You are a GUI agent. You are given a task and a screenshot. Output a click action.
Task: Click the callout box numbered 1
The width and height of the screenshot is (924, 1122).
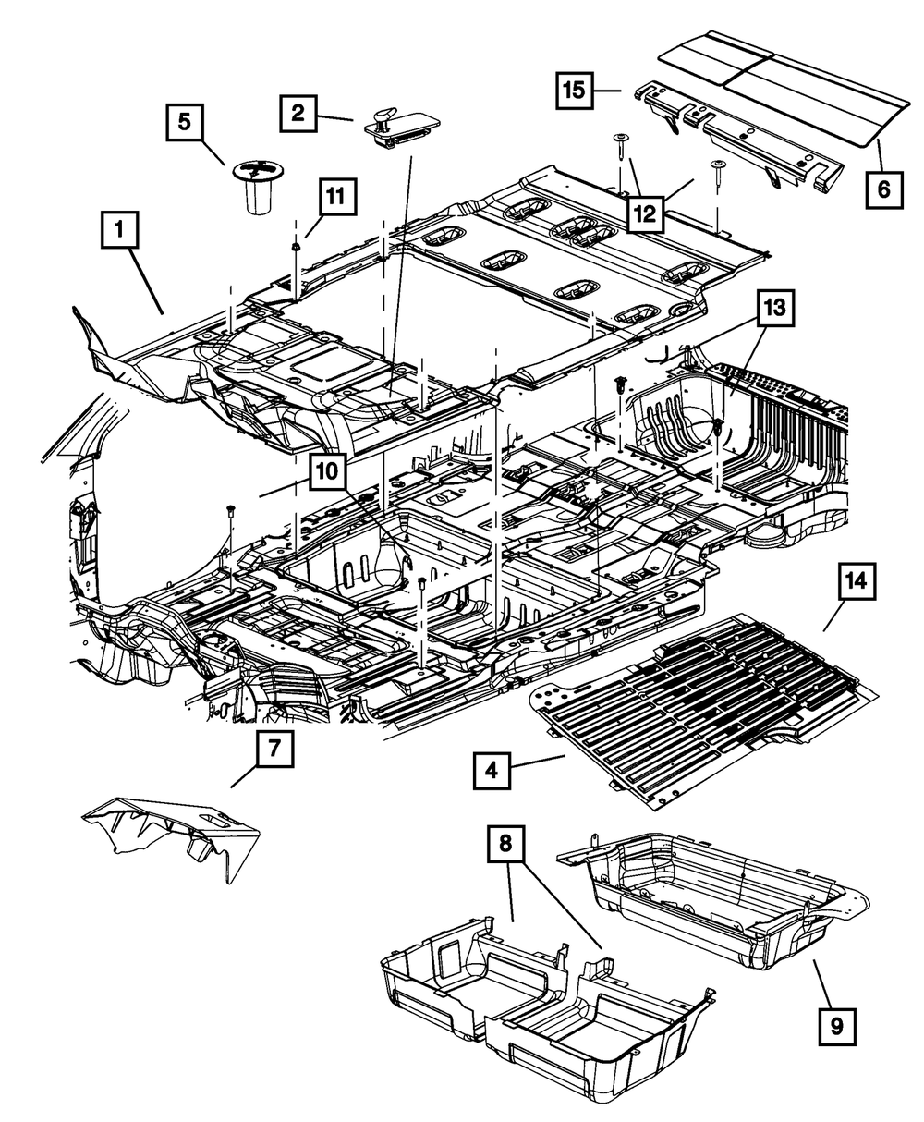119,229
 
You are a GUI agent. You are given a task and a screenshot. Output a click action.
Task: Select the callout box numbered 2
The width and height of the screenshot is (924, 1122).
298,114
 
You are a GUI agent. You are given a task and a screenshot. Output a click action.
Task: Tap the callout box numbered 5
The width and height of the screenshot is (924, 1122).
184,122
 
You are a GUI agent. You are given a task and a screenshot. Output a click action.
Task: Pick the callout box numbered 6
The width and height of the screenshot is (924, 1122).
883,189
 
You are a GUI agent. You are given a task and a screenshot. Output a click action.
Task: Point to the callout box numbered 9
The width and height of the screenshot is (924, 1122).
837,1027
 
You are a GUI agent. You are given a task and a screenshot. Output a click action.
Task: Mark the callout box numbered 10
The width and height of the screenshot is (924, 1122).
327,471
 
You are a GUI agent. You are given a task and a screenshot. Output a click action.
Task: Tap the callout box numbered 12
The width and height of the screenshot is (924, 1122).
646,213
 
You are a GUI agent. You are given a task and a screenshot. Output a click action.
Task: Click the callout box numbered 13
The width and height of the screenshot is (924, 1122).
776,309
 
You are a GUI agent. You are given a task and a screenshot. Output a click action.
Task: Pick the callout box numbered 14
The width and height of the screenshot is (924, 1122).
857,581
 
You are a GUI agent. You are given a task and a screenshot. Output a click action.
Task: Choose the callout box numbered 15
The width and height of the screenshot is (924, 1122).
575,91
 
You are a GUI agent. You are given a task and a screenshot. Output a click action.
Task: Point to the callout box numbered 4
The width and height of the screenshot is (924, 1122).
492,771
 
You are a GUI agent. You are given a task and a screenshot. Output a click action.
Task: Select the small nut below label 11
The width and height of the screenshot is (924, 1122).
296,247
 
